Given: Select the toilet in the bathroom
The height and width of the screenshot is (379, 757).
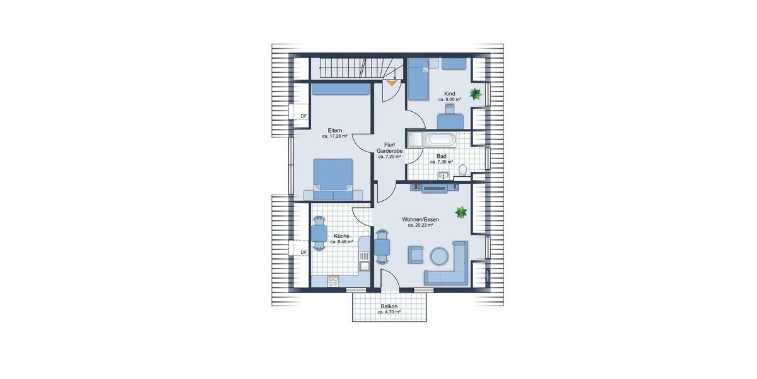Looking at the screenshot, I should tap(463, 169).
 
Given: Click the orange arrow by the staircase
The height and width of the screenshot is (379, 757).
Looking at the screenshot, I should tap(392, 81).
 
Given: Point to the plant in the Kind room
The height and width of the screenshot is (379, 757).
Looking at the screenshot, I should tap(476, 95).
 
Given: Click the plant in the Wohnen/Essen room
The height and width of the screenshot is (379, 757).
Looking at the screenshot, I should tap(462, 212).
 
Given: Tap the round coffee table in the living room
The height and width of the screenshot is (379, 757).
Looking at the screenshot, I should tap(439, 255).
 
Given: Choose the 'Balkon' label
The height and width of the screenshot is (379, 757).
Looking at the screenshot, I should tap(389, 306).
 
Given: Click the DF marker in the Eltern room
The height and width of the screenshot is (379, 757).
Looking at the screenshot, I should tap(303, 116).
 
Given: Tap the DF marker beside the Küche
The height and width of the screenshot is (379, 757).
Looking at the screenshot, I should tap(303, 253).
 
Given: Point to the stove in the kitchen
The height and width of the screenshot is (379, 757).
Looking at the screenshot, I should tap(334, 280).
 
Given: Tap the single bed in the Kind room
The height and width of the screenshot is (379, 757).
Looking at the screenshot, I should tap(418, 82).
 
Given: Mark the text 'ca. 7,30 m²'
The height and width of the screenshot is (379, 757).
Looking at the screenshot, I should tap(442, 162).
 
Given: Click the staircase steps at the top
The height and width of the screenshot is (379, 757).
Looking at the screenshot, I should tap(347, 67).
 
